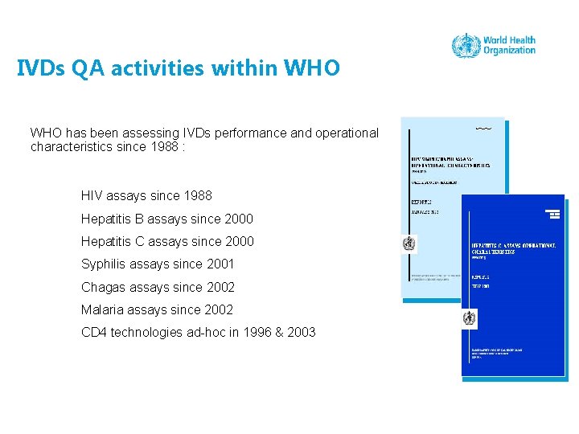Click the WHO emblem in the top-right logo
(x=466, y=45)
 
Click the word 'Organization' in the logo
(x=509, y=51)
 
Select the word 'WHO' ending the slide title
(x=312, y=68)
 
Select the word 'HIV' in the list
(x=92, y=195)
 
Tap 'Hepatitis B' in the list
(x=115, y=219)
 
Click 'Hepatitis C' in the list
(x=115, y=241)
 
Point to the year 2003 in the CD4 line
(x=302, y=332)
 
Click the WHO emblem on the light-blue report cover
(x=410, y=244)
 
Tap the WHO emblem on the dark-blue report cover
(x=469, y=319)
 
